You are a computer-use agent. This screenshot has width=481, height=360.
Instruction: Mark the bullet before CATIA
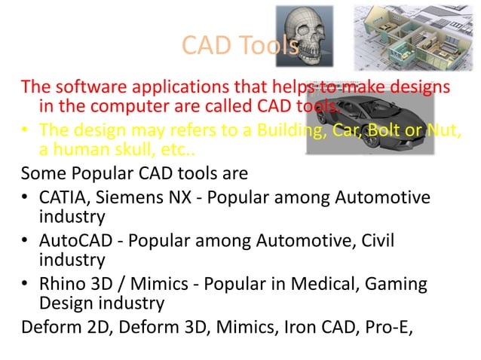click(25, 198)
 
